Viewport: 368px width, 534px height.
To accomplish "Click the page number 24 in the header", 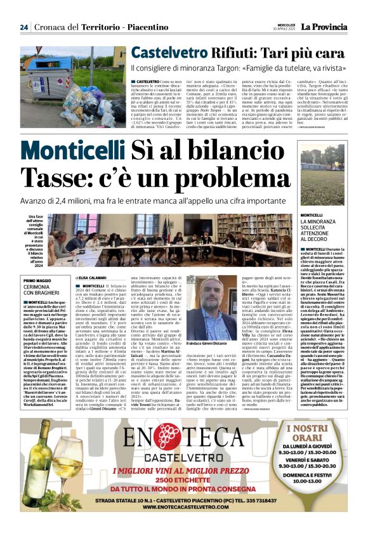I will click(x=24, y=27).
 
